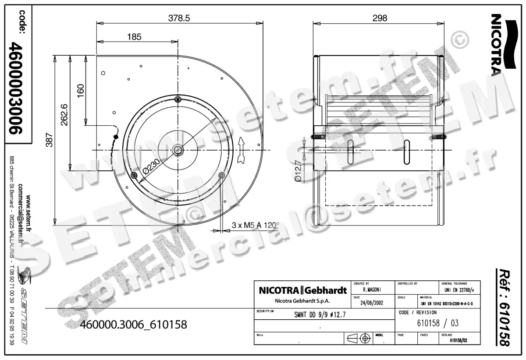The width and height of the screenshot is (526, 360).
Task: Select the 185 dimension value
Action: tap(134, 37)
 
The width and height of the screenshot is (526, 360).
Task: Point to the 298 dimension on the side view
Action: tap(380, 18)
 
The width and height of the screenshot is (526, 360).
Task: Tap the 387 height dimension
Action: tap(50, 140)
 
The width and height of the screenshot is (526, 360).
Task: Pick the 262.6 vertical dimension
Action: tap(64, 114)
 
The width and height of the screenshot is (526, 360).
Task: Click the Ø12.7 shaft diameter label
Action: tap(299, 171)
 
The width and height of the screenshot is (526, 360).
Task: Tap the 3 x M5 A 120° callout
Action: tap(255, 225)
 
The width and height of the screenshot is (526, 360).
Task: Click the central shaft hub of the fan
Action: tap(178, 150)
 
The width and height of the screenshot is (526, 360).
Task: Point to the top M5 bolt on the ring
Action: tap(178, 98)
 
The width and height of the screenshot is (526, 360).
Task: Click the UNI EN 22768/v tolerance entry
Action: tap(459, 289)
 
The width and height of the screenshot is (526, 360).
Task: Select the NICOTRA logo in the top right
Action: tap(498, 44)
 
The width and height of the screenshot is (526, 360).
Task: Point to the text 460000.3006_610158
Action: tap(134, 325)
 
